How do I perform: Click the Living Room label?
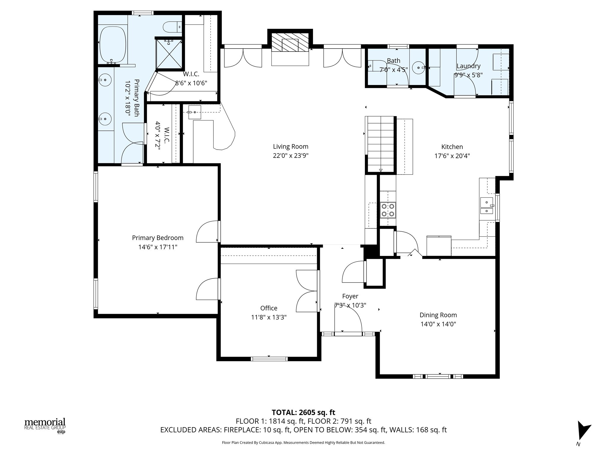pyautogui.click(x=290, y=146)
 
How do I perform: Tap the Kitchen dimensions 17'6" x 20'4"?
pyautogui.click(x=452, y=156)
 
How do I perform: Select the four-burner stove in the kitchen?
pyautogui.click(x=388, y=210)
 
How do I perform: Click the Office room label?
pyautogui.click(x=269, y=308)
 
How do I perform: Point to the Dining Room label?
pyautogui.click(x=438, y=315)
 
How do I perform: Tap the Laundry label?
pyautogui.click(x=468, y=66)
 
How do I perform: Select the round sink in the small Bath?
pyautogui.click(x=418, y=68)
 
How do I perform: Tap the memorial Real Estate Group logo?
pyautogui.click(x=45, y=425)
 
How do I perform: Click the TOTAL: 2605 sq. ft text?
pyautogui.click(x=303, y=412)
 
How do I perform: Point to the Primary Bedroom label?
pyautogui.click(x=158, y=238)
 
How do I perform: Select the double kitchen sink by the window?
pyautogui.click(x=486, y=206)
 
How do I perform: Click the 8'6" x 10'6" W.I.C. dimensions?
pyautogui.click(x=191, y=83)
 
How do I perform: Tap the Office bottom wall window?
pyautogui.click(x=269, y=359)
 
